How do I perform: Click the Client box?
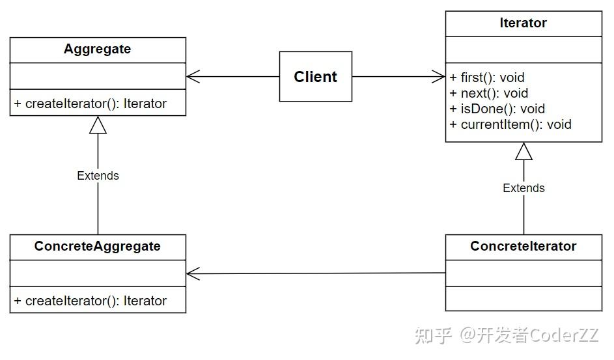pyautogui.click(x=316, y=77)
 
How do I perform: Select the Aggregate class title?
pyautogui.click(x=97, y=49)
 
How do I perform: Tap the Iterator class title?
pyautogui.click(x=523, y=23)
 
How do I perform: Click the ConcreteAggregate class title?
pyautogui.click(x=97, y=247)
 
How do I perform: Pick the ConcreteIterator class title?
pyautogui.click(x=523, y=247)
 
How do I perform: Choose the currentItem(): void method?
pyautogui.click(x=510, y=124)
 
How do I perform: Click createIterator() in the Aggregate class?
pyautogui.click(x=91, y=104)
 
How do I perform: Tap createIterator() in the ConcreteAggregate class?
pyautogui.click(x=91, y=301)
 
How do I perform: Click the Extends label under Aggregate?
pyautogui.click(x=98, y=176)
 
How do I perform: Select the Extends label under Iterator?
pyautogui.click(x=523, y=188)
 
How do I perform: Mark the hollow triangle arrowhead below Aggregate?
pyautogui.click(x=98, y=125)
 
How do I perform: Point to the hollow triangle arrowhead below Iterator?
pyautogui.click(x=523, y=151)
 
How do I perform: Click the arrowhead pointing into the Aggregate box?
pyautogui.click(x=193, y=77)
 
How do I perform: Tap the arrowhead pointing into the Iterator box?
pyautogui.click(x=438, y=77)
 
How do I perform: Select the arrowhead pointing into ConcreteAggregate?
pyautogui.click(x=193, y=274)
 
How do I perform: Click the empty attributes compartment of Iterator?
pyautogui.click(x=523, y=49)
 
